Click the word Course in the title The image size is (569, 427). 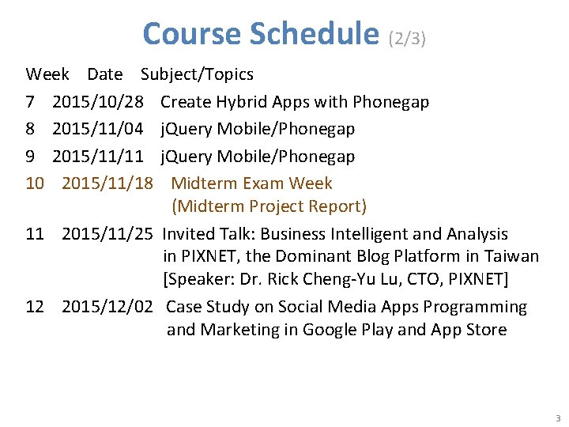191,34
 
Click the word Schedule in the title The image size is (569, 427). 314,34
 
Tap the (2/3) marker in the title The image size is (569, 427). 408,38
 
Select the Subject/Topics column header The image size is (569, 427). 197,74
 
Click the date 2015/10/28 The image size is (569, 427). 98,102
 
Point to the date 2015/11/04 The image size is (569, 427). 98,129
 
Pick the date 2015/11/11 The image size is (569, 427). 98,156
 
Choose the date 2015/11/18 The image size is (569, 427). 107,183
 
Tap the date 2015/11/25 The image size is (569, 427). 107,234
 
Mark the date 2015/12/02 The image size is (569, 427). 107,307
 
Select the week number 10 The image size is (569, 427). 35,183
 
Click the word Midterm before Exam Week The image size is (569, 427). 204,183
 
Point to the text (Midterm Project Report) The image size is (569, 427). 269,206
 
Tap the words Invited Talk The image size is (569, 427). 209,234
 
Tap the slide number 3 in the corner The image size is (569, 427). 557,418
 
